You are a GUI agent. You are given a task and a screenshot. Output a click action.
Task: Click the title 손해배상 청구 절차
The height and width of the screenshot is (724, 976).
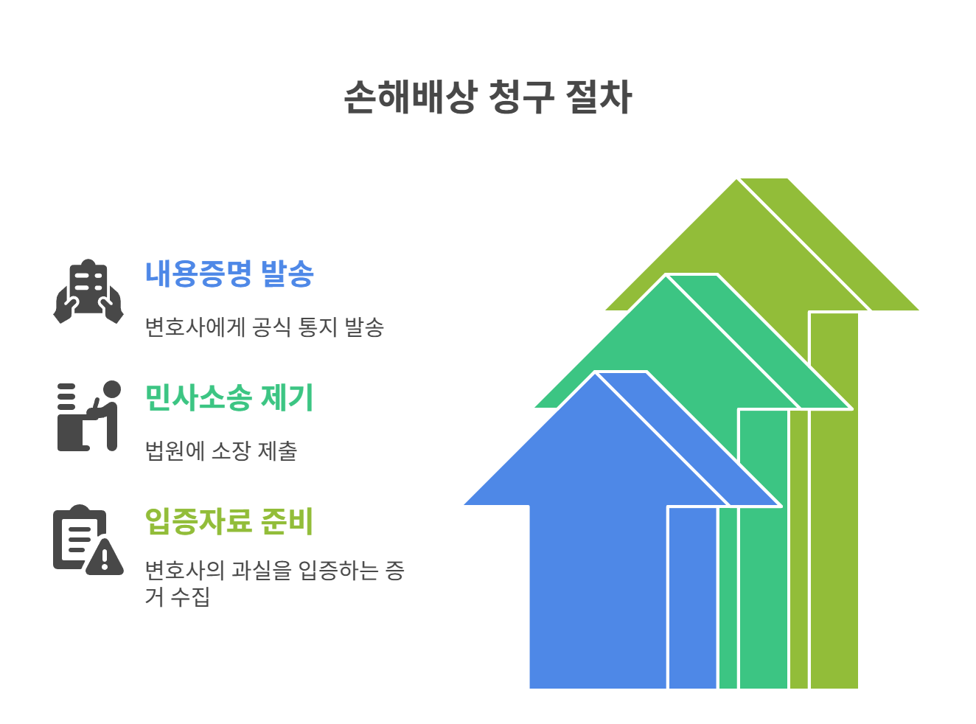[x=487, y=97]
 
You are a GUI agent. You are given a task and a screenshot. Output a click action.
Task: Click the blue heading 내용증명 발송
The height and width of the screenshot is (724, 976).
[x=229, y=274]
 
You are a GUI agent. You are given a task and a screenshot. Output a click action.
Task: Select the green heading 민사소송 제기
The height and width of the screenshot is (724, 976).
[x=229, y=398]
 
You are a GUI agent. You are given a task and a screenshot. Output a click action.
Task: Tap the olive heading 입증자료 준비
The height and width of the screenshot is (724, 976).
[x=229, y=522]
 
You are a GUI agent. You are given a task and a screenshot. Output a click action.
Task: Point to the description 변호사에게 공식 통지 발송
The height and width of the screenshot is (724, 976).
[x=264, y=327]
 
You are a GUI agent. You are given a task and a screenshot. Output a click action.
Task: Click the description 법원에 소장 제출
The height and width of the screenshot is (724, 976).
[x=221, y=450]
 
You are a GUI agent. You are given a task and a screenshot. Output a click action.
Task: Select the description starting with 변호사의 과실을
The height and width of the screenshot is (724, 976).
[x=274, y=582]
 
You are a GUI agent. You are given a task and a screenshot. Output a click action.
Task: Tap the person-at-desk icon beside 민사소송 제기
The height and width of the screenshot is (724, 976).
[x=88, y=416]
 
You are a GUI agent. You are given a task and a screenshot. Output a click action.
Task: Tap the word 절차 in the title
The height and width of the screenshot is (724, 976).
[x=599, y=97]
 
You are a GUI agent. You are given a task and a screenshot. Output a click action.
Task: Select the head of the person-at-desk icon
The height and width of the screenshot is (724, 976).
[x=112, y=389]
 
